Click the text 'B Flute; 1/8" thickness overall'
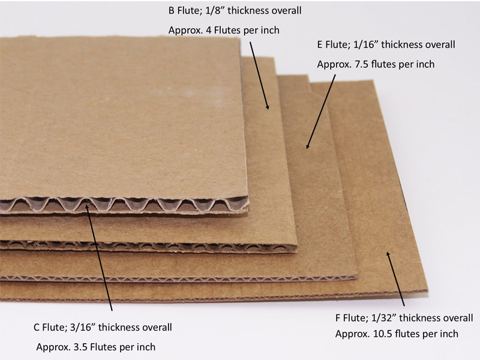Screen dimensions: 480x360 (x=235, y=11)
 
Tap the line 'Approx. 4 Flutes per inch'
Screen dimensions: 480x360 (x=224, y=31)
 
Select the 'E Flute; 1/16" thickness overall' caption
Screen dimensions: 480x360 (x=386, y=44)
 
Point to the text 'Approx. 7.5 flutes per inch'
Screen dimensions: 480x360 (x=376, y=64)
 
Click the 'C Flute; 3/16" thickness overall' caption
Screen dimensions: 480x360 (x=103, y=327)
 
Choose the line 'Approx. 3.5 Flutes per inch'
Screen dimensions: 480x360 (x=96, y=347)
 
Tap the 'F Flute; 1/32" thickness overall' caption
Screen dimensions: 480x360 (x=404, y=318)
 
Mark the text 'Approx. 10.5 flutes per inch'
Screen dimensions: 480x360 (x=397, y=334)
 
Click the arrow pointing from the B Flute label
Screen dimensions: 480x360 (x=259, y=76)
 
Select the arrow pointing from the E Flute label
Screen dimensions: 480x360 (x=321, y=112)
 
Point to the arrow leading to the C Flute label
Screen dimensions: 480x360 (x=99, y=258)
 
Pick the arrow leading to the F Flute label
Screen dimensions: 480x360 (x=395, y=278)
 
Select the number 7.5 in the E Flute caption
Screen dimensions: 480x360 (x=362, y=64)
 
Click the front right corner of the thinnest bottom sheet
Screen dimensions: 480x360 (x=427, y=291)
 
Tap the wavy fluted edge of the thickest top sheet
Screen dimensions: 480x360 (x=124, y=205)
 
